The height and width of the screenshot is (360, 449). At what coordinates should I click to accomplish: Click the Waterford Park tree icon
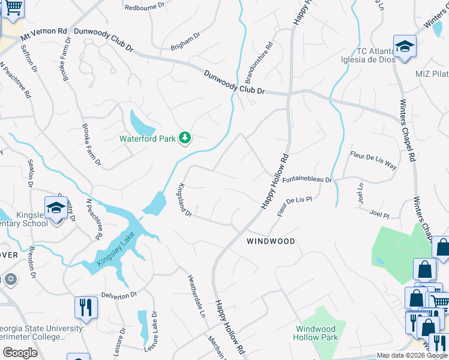tap(185, 139)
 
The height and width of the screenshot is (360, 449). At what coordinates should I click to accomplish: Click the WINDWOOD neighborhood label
tap(271, 241)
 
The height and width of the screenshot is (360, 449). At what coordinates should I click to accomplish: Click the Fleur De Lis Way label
tap(373, 160)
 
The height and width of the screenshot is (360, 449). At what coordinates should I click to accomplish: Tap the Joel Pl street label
tap(379, 214)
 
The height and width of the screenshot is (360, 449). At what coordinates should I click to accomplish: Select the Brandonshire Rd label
tap(259, 62)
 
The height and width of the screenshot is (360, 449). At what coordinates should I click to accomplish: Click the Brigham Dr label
tap(185, 40)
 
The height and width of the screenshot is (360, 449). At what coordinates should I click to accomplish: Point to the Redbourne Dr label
tap(144, 8)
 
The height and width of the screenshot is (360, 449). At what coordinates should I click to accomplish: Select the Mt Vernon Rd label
tap(44, 34)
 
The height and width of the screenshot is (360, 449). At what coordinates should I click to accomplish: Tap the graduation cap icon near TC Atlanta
tap(405, 46)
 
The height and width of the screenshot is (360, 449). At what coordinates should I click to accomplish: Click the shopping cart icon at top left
tap(13, 9)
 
